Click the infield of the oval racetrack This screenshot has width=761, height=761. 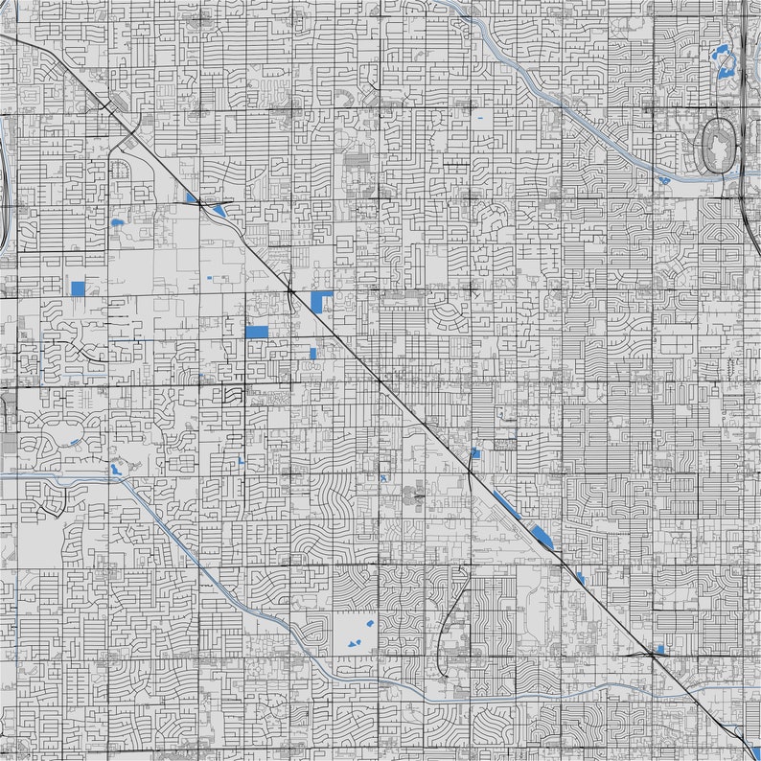tap(718, 147)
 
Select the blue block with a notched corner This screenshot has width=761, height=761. tap(321, 301)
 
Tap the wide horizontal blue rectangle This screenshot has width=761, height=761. tap(257, 332)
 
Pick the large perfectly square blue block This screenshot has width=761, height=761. tap(79, 288)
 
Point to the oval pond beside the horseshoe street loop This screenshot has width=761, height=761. tap(118, 222)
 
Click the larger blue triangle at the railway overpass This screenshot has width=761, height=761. tap(219, 211)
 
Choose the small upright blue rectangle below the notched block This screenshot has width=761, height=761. tap(313, 353)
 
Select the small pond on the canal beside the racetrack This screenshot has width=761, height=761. tap(663, 178)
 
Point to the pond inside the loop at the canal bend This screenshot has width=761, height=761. tap(116, 469)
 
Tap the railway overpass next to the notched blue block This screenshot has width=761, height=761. tap(290, 288)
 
